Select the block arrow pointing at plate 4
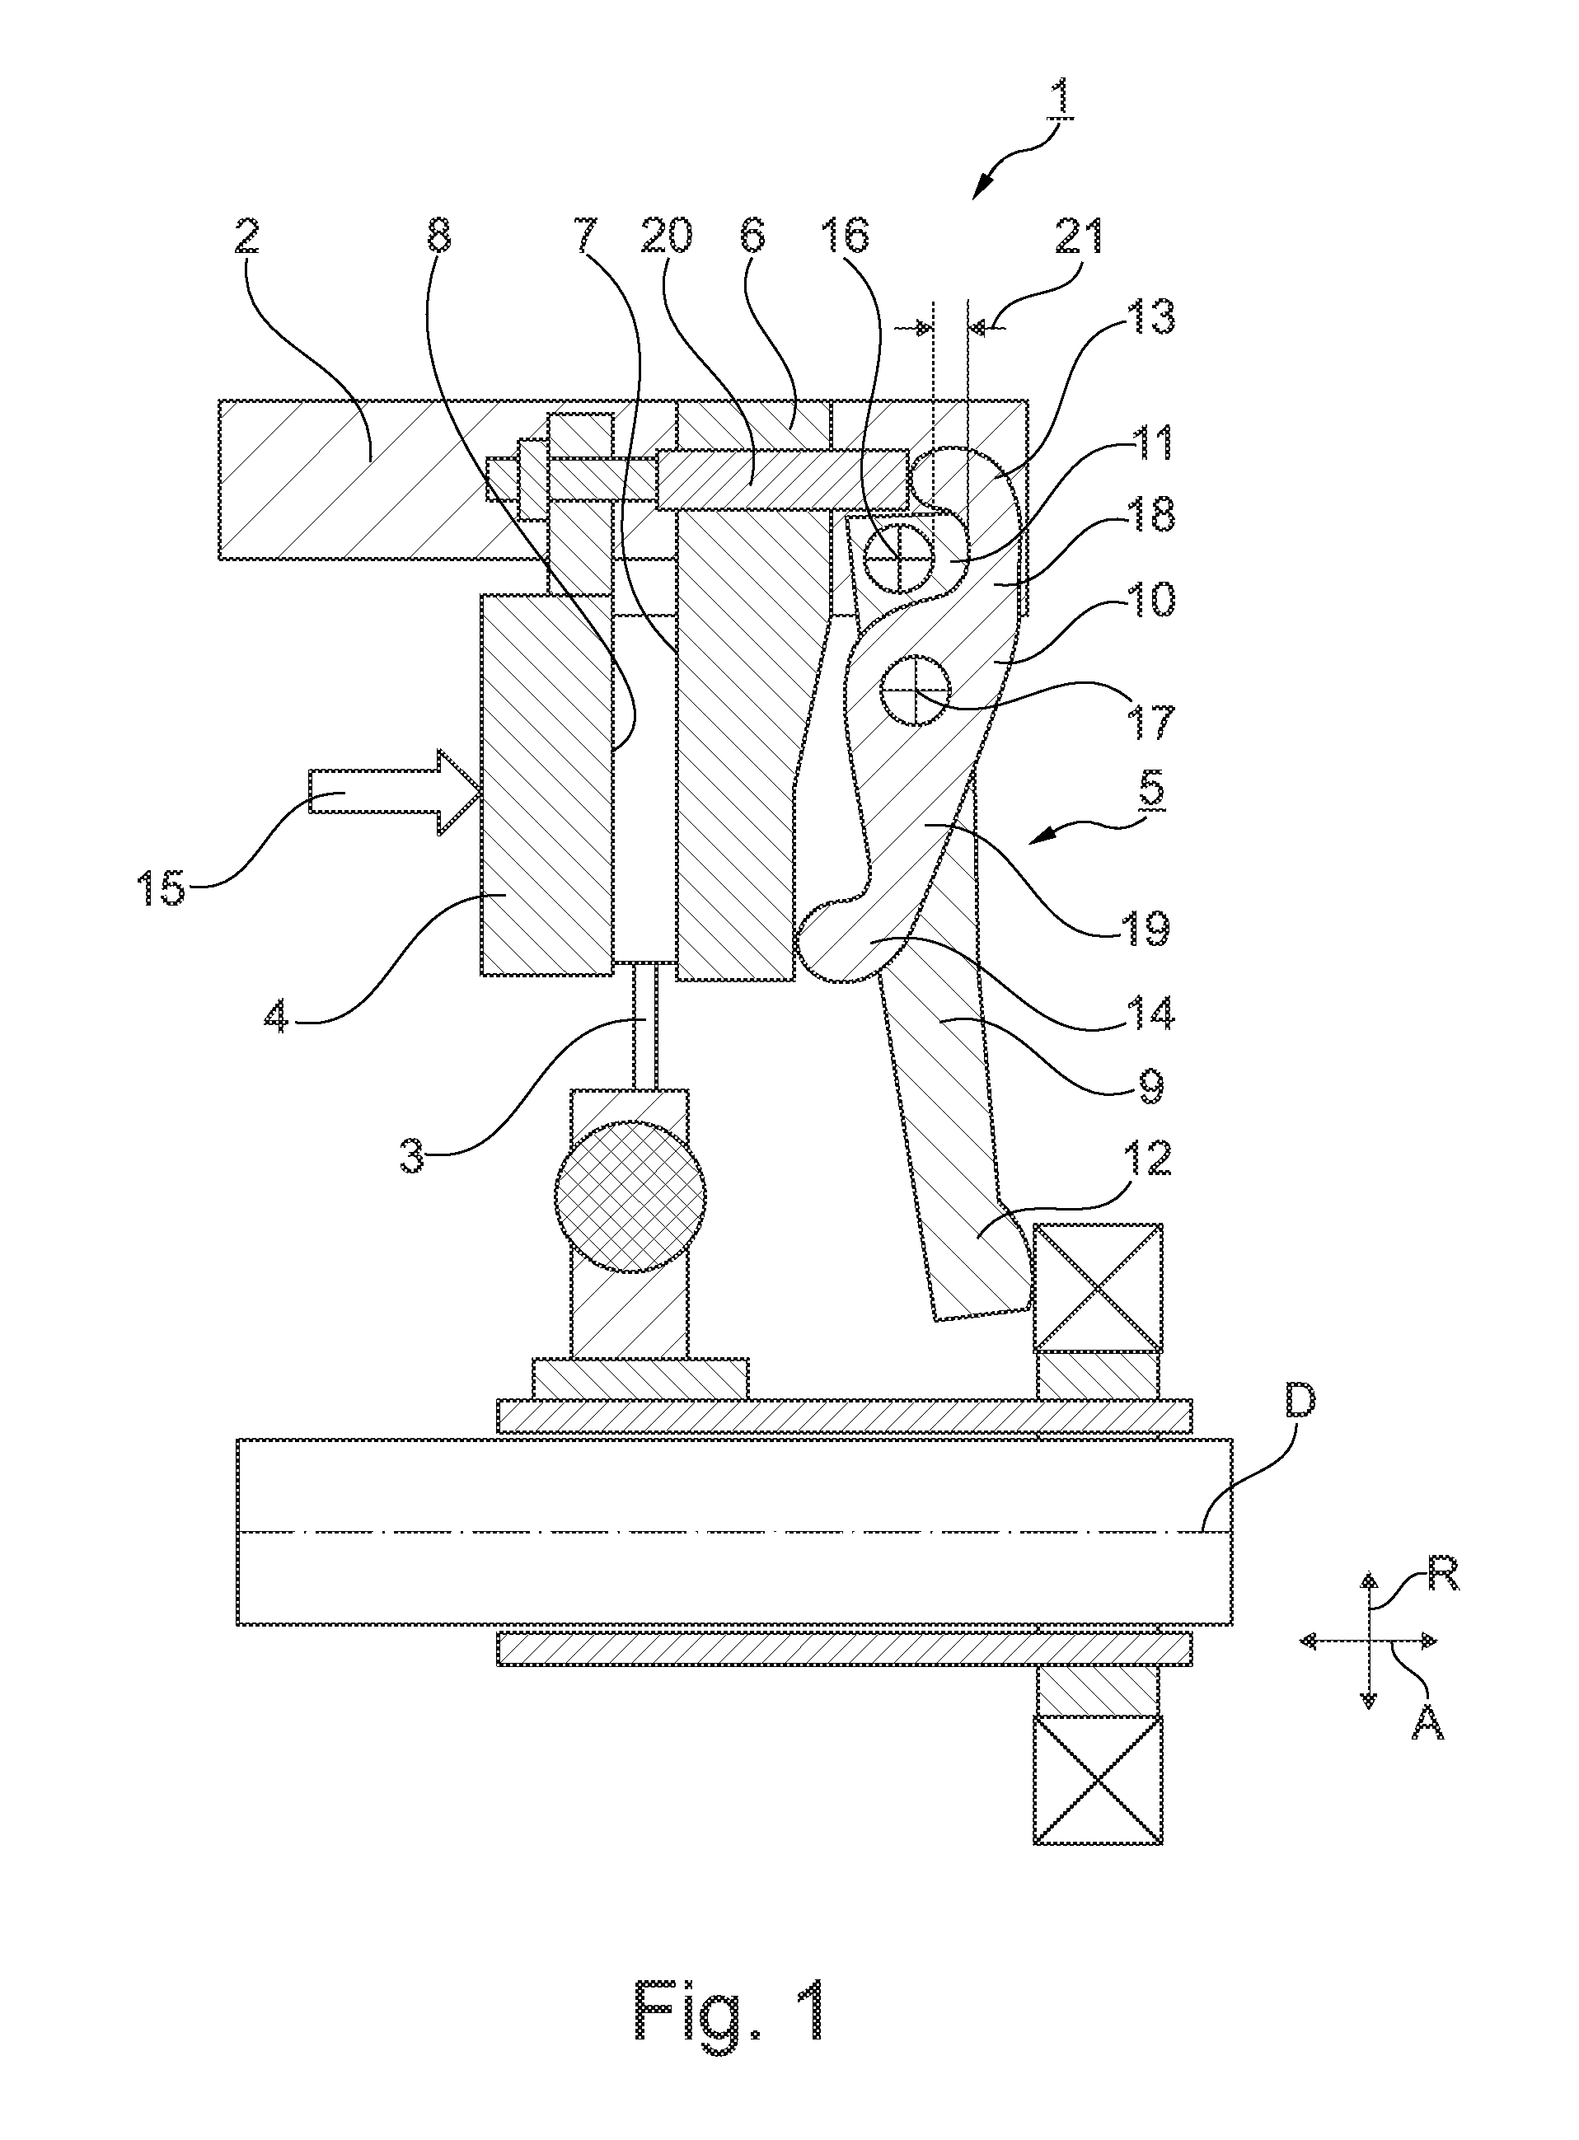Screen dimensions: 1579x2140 coord(395,793)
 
